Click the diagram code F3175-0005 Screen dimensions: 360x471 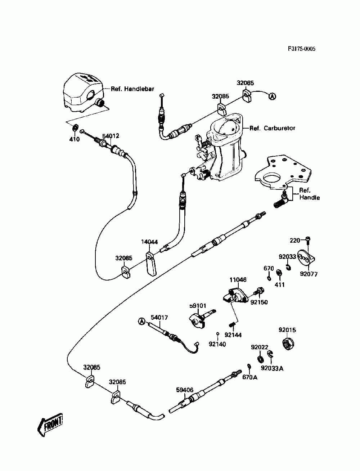301,49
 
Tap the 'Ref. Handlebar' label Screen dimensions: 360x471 132,89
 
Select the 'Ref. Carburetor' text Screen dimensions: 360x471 272,128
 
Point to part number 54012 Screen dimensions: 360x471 111,136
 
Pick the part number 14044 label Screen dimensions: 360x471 149,242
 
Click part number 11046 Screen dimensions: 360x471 238,280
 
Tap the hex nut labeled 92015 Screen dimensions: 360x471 288,344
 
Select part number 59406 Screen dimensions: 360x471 185,390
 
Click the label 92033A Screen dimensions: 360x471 272,368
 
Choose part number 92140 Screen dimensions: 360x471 217,344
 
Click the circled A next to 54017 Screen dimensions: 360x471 141,322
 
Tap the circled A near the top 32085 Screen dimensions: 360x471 272,97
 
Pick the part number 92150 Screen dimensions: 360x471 259,302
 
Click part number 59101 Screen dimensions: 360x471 197,305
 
